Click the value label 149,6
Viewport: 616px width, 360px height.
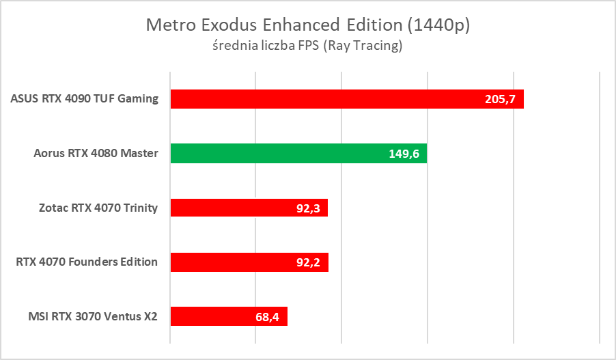(403, 154)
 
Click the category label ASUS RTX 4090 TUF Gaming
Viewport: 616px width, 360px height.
(85, 99)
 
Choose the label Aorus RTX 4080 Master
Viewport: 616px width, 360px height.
(96, 153)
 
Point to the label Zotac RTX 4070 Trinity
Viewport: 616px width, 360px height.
(98, 208)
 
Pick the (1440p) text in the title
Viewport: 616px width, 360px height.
(438, 25)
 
